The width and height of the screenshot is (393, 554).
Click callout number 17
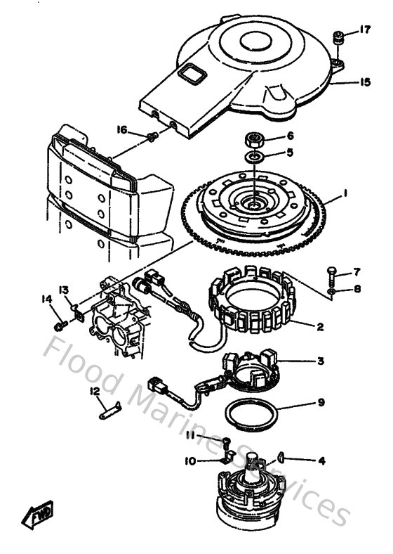coord(365,30)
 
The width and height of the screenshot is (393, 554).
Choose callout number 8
coord(358,288)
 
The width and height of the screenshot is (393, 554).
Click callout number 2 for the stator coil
coord(319,326)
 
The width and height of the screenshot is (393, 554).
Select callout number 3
coord(320,361)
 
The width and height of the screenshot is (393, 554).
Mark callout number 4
coord(322,461)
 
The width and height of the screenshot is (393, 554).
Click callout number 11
coord(191,437)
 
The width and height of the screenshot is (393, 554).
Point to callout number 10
coord(190,461)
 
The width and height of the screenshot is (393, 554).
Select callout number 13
coord(64,290)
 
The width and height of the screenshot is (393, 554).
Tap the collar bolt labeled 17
coord(338,36)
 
